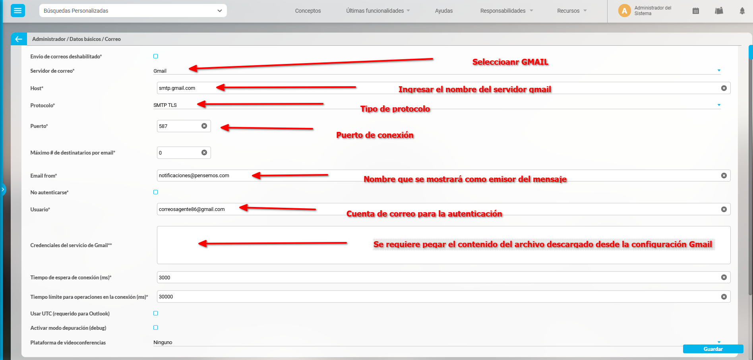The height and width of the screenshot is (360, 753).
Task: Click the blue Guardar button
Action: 713,349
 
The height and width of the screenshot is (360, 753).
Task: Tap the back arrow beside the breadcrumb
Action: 19,39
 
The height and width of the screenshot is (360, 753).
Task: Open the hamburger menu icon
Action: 18,10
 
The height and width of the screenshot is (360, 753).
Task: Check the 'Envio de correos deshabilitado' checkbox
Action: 156,56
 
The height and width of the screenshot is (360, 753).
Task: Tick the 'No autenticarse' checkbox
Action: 156,192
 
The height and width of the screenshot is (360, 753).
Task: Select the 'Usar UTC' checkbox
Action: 156,314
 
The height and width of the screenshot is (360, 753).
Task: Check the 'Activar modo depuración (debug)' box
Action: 156,328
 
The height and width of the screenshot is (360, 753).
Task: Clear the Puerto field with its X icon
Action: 204,126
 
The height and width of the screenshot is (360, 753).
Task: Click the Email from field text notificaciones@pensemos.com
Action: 194,176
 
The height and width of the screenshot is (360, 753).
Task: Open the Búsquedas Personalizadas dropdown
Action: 133,11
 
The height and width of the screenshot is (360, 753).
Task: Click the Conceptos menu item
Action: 308,11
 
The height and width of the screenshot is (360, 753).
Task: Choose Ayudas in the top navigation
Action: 444,11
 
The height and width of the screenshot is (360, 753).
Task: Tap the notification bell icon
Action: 742,11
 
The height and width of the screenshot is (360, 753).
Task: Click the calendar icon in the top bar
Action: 695,11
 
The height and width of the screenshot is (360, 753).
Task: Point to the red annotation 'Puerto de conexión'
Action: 375,135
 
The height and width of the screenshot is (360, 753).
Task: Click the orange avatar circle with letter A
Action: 624,11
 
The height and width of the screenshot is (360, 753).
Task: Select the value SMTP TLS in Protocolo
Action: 165,105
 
